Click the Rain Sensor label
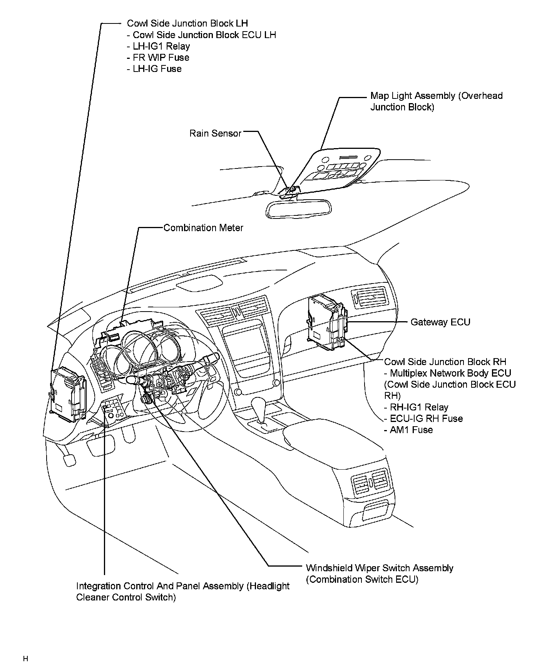click(215, 133)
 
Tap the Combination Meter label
click(203, 228)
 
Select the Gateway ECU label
click(440, 322)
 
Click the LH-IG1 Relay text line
click(158, 46)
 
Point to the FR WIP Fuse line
click(158, 57)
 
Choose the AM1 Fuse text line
click(408, 430)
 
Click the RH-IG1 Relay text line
click(416, 407)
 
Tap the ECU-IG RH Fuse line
click(423, 419)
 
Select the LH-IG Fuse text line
click(154, 69)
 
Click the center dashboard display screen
click(245, 341)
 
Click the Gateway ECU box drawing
click(326, 322)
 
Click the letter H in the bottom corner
click(25, 659)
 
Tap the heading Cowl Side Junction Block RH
click(445, 362)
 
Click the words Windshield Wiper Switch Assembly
click(379, 568)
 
